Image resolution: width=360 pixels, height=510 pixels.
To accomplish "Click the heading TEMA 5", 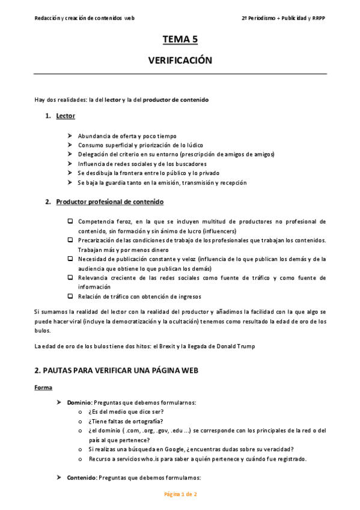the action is coord(180,40).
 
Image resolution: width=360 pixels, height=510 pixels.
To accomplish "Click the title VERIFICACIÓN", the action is coord(180,61).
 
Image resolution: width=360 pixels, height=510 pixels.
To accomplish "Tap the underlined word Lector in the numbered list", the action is coord(66,115).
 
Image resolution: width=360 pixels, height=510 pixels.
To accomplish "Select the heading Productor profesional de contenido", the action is coord(109,202).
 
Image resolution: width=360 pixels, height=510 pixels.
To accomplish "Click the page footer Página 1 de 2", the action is coord(180,494).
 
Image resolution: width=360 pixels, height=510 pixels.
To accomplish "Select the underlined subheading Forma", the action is coord(43,387).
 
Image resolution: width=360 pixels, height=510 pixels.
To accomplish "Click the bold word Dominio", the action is coord(79,402).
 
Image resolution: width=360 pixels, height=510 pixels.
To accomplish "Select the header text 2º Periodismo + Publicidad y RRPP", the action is coord(284,18).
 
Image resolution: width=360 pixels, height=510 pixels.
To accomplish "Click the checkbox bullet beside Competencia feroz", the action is coord(70,221).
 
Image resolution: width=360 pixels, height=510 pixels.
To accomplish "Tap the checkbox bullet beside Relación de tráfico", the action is coord(70,296).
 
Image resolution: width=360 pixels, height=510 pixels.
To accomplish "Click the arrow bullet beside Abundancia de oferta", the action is coord(70,136).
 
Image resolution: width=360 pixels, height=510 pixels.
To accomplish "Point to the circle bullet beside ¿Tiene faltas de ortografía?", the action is coord(81,421).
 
